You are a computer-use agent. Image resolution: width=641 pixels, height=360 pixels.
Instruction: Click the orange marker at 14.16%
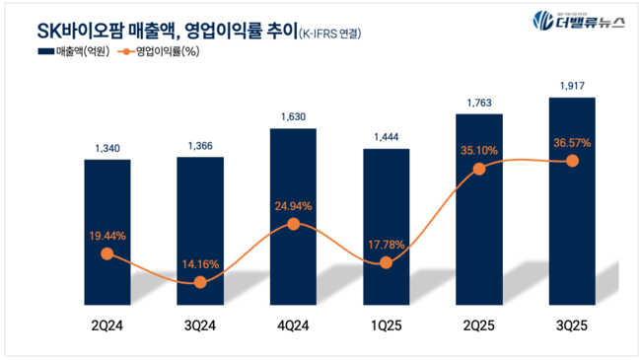[x=200, y=282]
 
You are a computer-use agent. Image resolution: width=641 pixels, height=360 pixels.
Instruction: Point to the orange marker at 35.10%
[x=479, y=169]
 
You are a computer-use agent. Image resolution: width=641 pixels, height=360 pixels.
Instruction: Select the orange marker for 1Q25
[x=386, y=262]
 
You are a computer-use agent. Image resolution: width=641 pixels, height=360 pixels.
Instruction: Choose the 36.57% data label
[x=572, y=142]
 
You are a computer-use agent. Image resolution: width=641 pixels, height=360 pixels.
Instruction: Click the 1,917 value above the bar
[x=572, y=86]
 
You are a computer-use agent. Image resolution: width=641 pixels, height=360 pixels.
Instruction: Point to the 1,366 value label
[x=200, y=147]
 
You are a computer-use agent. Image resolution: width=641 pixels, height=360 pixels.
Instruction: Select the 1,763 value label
[x=479, y=102]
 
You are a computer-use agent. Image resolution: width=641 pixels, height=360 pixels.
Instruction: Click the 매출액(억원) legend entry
[x=75, y=50]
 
